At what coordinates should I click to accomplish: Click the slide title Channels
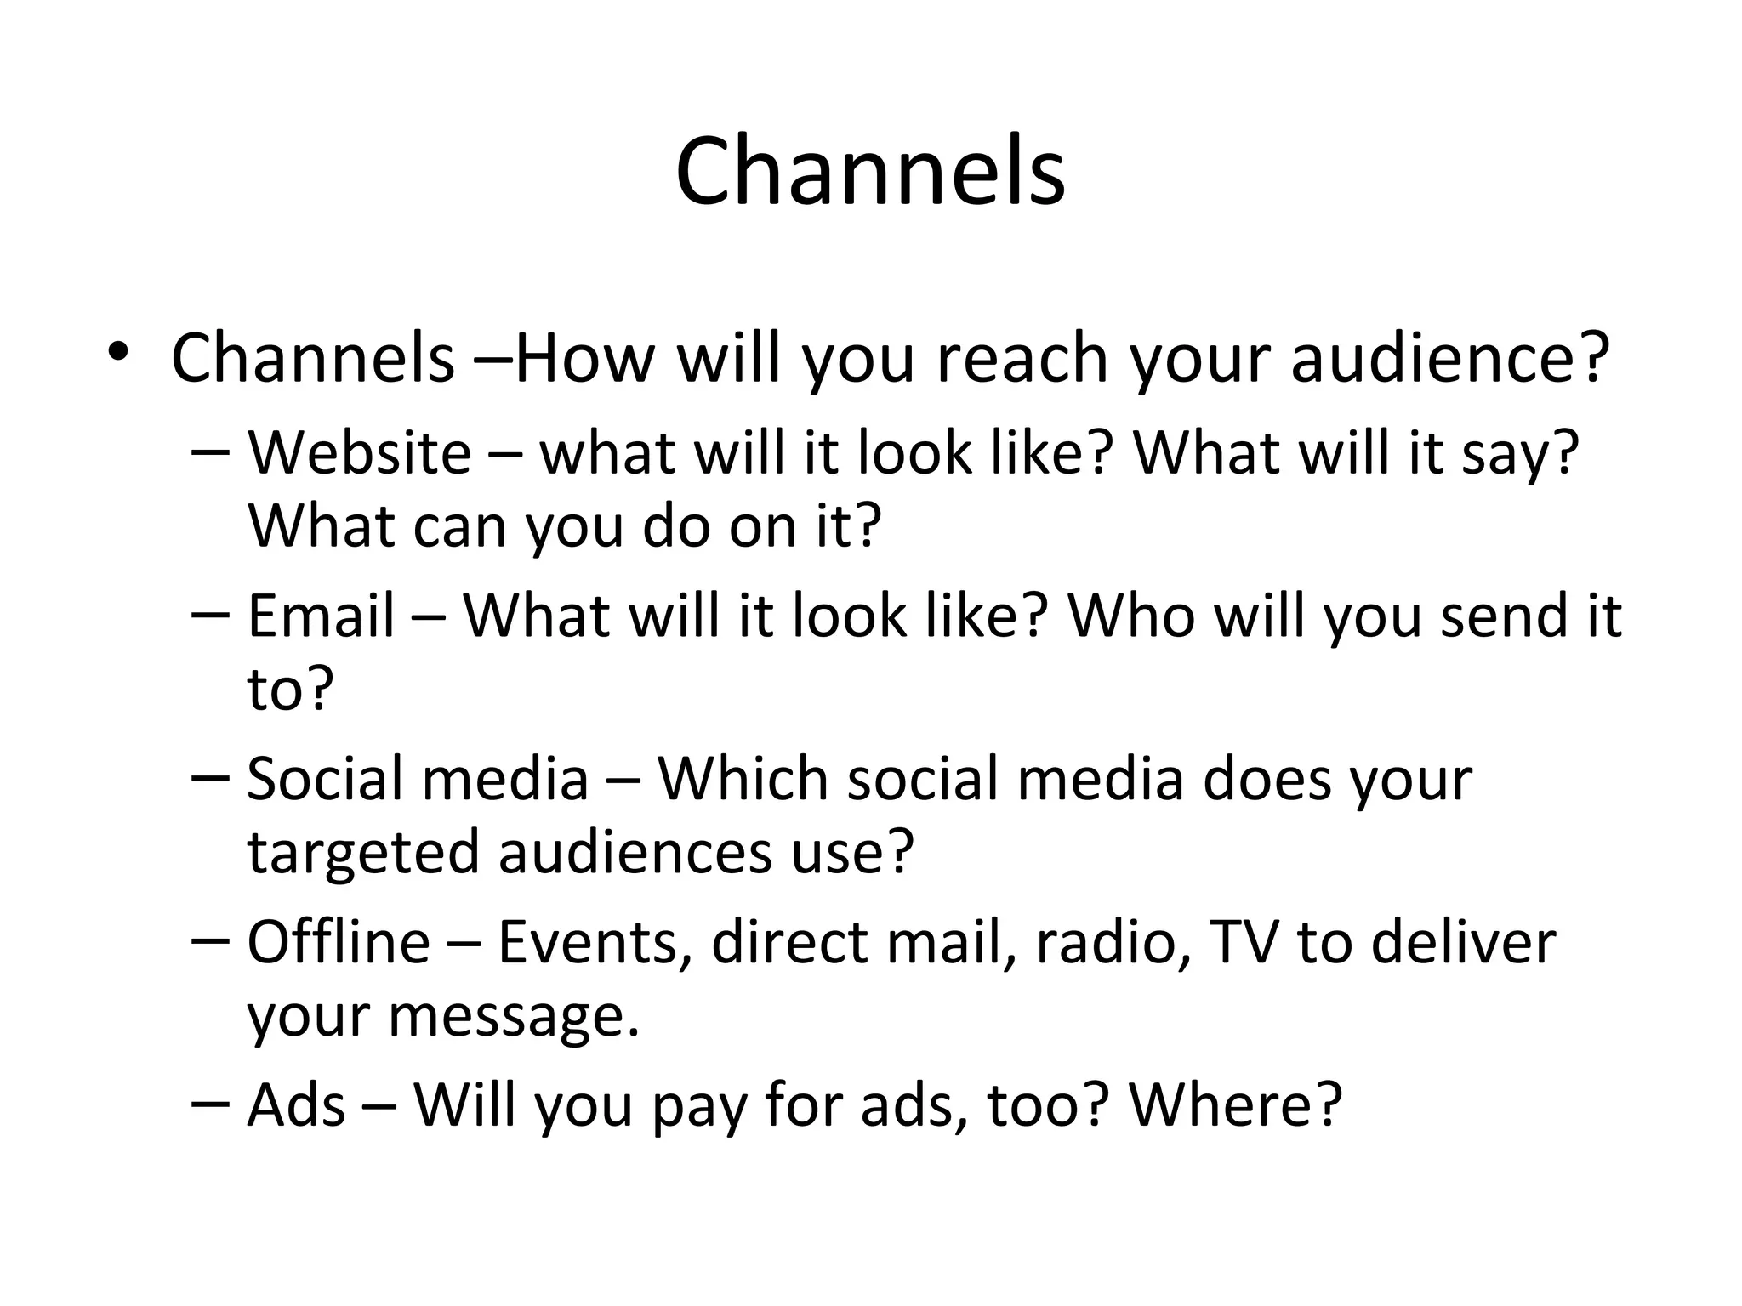[x=869, y=173]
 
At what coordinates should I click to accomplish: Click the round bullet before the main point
[x=117, y=352]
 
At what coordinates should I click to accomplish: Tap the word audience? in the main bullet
[x=1450, y=359]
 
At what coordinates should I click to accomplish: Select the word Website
[x=359, y=453]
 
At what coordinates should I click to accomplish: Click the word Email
[x=321, y=616]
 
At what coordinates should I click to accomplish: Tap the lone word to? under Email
[x=290, y=689]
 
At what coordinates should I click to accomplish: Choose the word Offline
[x=338, y=943]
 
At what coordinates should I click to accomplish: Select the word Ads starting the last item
[x=296, y=1106]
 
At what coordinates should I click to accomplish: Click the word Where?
[x=1235, y=1106]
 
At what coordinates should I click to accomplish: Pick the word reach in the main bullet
[x=1024, y=359]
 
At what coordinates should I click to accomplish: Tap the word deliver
[x=1463, y=943]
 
